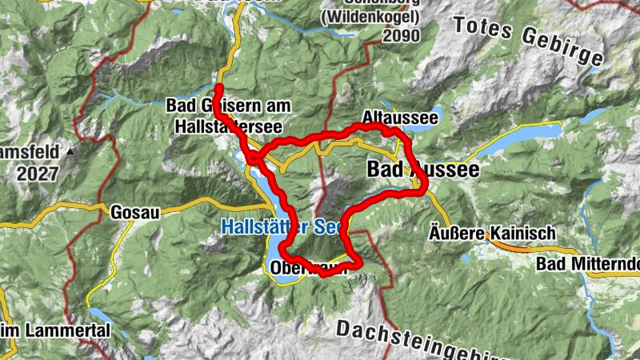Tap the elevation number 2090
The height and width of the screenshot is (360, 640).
tap(401, 36)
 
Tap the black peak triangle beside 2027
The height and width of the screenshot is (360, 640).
tap(71, 150)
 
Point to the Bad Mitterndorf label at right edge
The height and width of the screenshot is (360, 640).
tap(588, 265)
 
